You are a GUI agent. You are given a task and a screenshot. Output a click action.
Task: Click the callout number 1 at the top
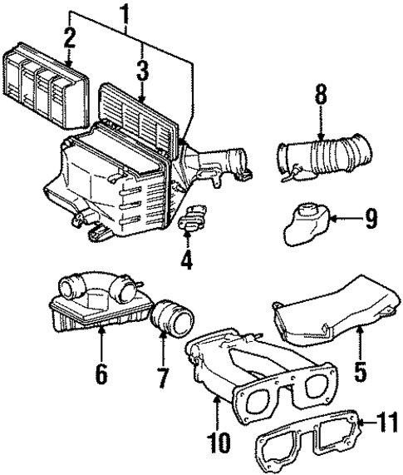(x=126, y=14)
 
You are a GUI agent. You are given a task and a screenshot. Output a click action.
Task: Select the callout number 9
(x=371, y=219)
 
